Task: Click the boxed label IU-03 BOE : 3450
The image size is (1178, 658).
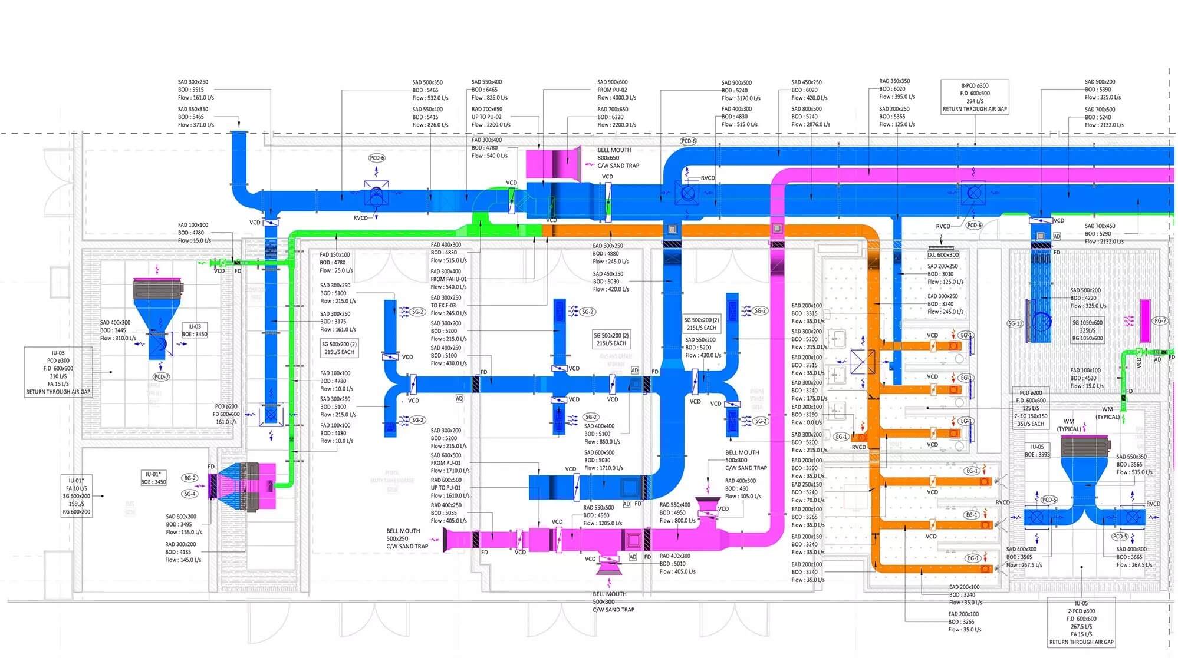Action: pos(194,330)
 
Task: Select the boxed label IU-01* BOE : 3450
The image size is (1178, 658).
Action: pos(153,478)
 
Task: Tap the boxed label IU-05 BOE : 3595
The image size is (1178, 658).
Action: pos(1037,451)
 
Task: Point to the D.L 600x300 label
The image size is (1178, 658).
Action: pos(943,255)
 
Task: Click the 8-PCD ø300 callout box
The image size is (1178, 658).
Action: pos(975,97)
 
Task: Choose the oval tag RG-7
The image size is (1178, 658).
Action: pos(1160,321)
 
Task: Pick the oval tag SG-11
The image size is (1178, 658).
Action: pos(1015,323)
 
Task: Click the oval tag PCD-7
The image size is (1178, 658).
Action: pos(161,376)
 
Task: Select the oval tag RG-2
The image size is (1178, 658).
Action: pos(189,478)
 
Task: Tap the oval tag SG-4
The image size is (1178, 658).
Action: pos(189,494)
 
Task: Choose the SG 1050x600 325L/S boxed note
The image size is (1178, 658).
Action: pos(1088,330)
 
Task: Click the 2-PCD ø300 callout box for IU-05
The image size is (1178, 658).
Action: pos(1081,623)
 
